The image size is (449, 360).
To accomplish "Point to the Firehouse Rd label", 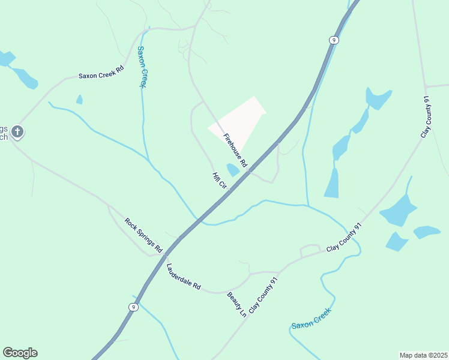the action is click(x=235, y=151).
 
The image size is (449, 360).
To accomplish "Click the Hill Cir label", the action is click(x=219, y=181).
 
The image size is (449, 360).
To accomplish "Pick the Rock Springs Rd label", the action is click(x=144, y=234).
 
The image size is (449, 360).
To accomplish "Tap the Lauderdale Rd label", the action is click(x=184, y=277).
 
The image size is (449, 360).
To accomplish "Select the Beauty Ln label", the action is click(x=237, y=304).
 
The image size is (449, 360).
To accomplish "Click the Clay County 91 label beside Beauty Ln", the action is click(x=264, y=295).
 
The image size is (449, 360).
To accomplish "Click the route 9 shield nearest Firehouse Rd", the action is click(x=334, y=40).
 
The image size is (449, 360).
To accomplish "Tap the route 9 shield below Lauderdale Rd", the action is click(x=133, y=307).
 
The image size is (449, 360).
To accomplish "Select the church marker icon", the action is click(x=18, y=131).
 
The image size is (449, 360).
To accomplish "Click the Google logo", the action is click(x=20, y=353).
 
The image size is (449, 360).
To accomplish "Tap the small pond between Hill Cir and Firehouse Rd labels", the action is click(x=233, y=170).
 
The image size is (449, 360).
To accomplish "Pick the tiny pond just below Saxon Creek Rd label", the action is click(x=79, y=100).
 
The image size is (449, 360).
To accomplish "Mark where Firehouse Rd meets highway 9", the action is click(x=248, y=171).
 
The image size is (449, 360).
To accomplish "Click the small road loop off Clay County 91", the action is click(x=310, y=250).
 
